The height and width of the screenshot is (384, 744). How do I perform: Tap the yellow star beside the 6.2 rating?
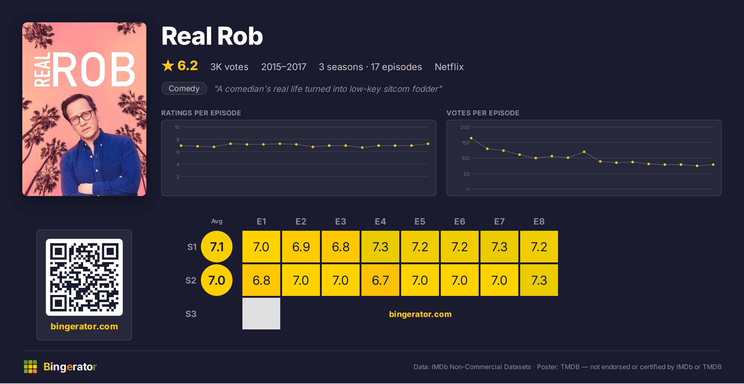pyautogui.click(x=168, y=65)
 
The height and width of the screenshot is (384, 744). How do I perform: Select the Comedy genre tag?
pyautogui.click(x=184, y=88)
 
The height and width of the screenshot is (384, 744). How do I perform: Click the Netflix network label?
pyautogui.click(x=449, y=67)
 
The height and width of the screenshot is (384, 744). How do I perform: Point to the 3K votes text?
pyautogui.click(x=229, y=67)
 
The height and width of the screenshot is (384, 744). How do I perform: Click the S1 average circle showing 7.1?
pyautogui.click(x=217, y=247)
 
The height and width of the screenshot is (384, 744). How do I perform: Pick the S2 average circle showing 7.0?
pyautogui.click(x=217, y=280)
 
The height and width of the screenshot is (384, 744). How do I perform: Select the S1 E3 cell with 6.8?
pyautogui.click(x=341, y=247)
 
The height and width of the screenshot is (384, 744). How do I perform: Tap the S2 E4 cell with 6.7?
pyautogui.click(x=380, y=280)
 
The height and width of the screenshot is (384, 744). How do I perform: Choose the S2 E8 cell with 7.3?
pyautogui.click(x=539, y=280)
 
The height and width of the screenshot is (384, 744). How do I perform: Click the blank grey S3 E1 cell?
pyautogui.click(x=261, y=314)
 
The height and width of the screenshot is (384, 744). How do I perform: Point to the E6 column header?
pyautogui.click(x=460, y=221)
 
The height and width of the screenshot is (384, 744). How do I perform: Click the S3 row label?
pyautogui.click(x=191, y=314)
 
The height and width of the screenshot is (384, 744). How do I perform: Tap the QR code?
pyautogui.click(x=84, y=277)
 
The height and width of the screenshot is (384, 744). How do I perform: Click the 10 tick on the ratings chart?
pyautogui.click(x=177, y=127)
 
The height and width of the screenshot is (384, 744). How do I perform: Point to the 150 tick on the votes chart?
pyautogui.click(x=465, y=143)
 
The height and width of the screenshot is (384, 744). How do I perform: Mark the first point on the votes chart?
pyautogui.click(x=471, y=138)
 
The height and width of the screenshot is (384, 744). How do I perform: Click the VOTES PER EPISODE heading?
pyautogui.click(x=483, y=113)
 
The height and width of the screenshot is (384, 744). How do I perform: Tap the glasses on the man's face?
pyautogui.click(x=81, y=118)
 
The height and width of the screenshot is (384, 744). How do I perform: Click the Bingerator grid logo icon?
pyautogui.click(x=30, y=367)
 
